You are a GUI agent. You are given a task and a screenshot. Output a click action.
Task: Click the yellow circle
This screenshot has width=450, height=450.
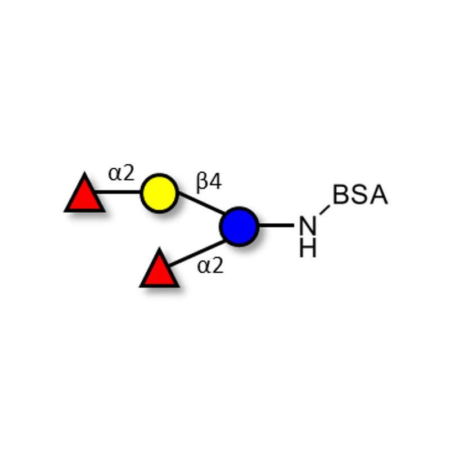(159, 193)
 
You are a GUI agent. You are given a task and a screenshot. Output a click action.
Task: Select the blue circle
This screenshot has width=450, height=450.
(240, 226)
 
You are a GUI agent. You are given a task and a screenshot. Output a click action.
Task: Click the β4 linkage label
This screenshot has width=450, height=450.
(209, 182)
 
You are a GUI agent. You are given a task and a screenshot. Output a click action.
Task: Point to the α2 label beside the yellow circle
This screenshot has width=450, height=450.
(121, 173)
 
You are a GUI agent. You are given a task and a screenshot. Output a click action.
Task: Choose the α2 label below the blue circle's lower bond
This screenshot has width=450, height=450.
(210, 265)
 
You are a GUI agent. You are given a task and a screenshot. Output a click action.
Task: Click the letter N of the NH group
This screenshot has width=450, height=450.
(308, 225)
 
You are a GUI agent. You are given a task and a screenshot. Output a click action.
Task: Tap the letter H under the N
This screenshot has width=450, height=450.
(308, 248)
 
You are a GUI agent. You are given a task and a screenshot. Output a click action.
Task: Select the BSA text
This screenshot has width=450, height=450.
(361, 195)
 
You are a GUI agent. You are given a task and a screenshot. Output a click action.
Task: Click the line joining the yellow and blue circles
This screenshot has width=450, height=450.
(201, 203)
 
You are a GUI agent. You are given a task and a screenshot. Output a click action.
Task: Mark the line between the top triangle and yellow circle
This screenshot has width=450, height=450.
(118, 192)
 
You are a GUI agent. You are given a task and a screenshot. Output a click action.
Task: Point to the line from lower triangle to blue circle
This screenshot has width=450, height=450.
(197, 253)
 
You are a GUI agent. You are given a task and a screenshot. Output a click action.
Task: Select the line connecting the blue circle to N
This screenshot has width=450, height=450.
(276, 226)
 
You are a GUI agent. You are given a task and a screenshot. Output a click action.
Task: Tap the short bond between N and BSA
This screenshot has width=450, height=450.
(325, 210)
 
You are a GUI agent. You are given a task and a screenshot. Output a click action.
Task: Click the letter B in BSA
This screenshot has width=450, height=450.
(340, 195)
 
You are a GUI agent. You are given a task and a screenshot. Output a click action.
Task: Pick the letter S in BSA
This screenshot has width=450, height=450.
(359, 195)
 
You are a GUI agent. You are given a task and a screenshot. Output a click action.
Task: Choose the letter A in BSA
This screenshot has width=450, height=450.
(379, 195)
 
